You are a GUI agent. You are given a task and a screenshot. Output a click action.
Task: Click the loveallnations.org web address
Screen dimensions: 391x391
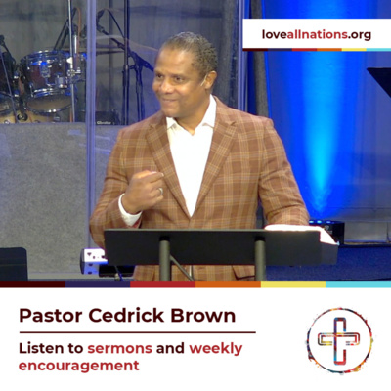click(316, 35)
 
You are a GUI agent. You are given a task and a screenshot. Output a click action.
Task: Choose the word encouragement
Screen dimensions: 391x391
click(79, 366)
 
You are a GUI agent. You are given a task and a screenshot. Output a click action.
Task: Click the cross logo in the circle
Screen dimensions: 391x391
click(339, 341)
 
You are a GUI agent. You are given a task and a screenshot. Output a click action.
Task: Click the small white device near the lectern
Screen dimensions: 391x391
click(94, 259)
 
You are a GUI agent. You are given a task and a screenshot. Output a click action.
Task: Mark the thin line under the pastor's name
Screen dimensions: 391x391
click(137, 331)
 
